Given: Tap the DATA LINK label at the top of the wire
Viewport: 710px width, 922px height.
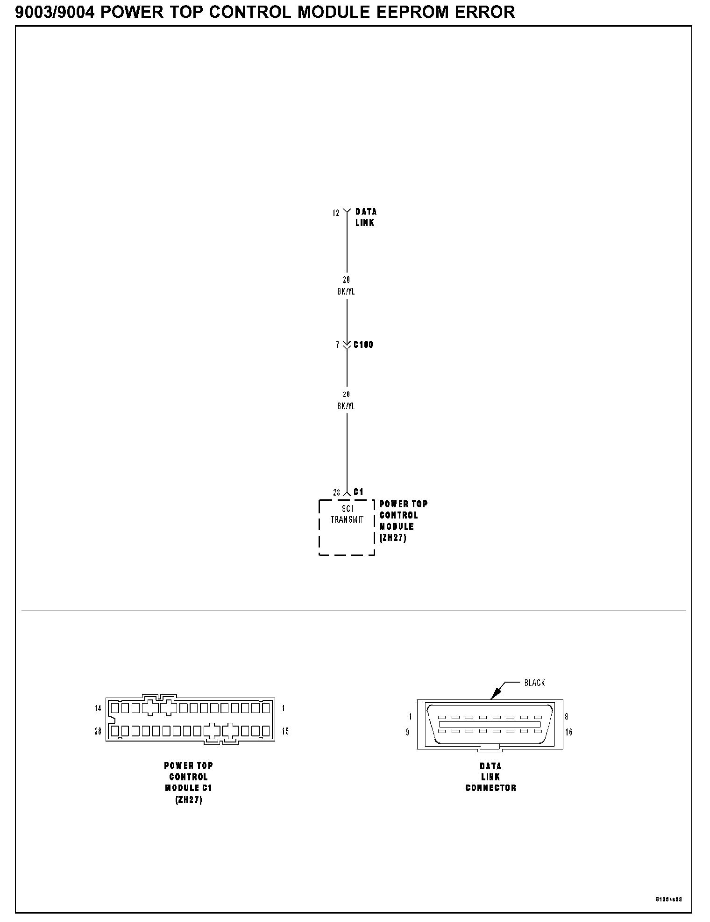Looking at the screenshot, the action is pyautogui.click(x=365, y=217).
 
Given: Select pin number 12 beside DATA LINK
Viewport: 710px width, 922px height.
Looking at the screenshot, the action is pyautogui.click(x=336, y=213).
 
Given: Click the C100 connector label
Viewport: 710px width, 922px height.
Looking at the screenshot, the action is pyautogui.click(x=363, y=345).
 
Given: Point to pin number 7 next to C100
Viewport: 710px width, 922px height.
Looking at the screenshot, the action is pyautogui.click(x=337, y=345).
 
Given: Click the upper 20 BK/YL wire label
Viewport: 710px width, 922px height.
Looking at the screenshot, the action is pyautogui.click(x=346, y=286).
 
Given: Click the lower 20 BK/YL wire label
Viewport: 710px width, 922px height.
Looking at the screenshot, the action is pyautogui.click(x=346, y=400).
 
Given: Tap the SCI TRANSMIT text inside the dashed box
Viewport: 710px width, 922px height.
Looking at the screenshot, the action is pyautogui.click(x=347, y=514).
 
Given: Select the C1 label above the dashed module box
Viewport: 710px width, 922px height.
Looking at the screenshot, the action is pyautogui.click(x=358, y=492).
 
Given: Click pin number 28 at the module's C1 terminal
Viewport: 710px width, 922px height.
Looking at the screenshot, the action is pyautogui.click(x=336, y=492).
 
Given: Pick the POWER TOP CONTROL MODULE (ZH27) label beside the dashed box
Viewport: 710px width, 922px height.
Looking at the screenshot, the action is pyautogui.click(x=403, y=521).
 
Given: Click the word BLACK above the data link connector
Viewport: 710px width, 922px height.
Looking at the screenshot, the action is pyautogui.click(x=534, y=683).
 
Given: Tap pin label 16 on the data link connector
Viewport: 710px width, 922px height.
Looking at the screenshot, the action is pyautogui.click(x=568, y=732).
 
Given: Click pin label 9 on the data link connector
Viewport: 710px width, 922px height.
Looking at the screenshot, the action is pyautogui.click(x=407, y=732).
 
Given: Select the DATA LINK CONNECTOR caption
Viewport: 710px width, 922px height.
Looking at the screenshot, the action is pyautogui.click(x=490, y=777).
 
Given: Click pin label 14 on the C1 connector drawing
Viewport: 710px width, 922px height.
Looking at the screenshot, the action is pyautogui.click(x=98, y=708).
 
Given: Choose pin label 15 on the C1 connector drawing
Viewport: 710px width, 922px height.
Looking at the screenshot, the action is pyautogui.click(x=285, y=731).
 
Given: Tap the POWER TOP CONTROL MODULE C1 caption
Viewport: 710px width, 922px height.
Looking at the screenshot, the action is pyautogui.click(x=189, y=783).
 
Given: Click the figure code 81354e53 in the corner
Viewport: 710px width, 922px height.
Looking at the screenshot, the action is pyautogui.click(x=669, y=899).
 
